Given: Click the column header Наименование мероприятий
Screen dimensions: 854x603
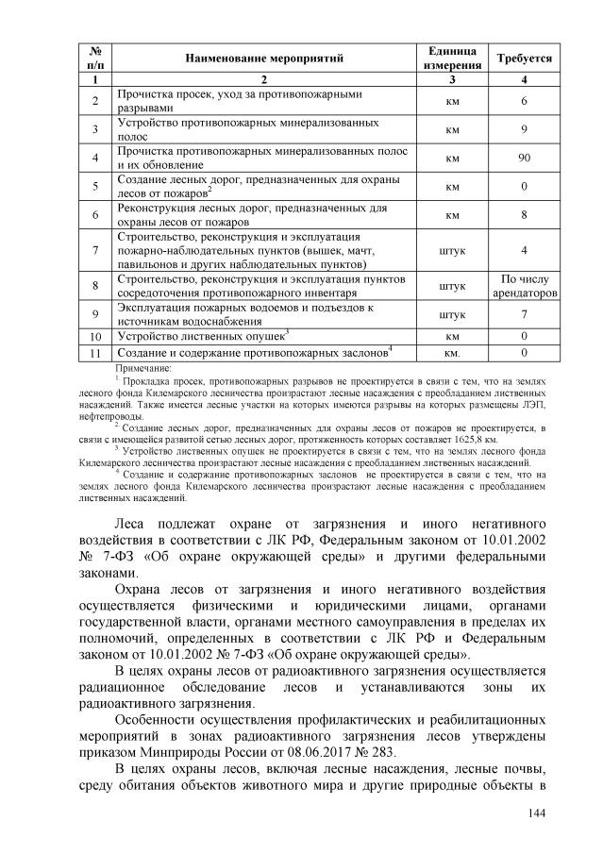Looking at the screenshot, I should (x=263, y=59).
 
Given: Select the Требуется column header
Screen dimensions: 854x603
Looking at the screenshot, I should (x=524, y=59).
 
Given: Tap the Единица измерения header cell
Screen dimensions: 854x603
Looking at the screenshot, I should (x=452, y=59).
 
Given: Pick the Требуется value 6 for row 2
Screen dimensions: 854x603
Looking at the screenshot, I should (x=524, y=102).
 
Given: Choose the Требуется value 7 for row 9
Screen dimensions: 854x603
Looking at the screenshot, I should (x=524, y=314).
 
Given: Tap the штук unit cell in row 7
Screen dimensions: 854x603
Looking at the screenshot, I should (x=452, y=250).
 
